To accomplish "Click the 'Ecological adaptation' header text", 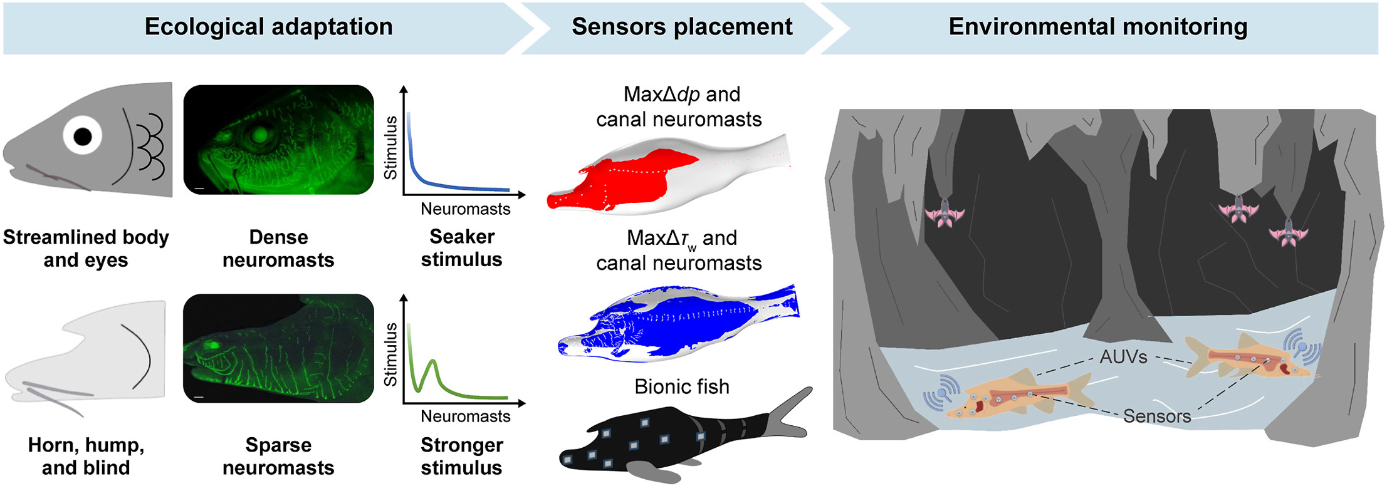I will (x=268, y=27).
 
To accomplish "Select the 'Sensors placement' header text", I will (x=682, y=27).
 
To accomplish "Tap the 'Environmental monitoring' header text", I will (x=1097, y=27).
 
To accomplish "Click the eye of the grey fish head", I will (x=82, y=136).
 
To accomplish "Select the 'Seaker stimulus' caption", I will (x=462, y=248).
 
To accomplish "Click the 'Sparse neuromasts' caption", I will (x=278, y=456).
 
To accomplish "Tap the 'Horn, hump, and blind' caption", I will (x=86, y=456).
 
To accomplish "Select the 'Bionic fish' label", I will (x=682, y=386).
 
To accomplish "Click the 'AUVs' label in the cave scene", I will (x=1123, y=357).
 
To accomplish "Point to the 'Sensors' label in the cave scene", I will (x=1156, y=416).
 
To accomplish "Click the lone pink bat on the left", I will (x=945, y=213).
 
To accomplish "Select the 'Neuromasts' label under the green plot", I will (x=465, y=416).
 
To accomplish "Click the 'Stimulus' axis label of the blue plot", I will (x=390, y=148).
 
